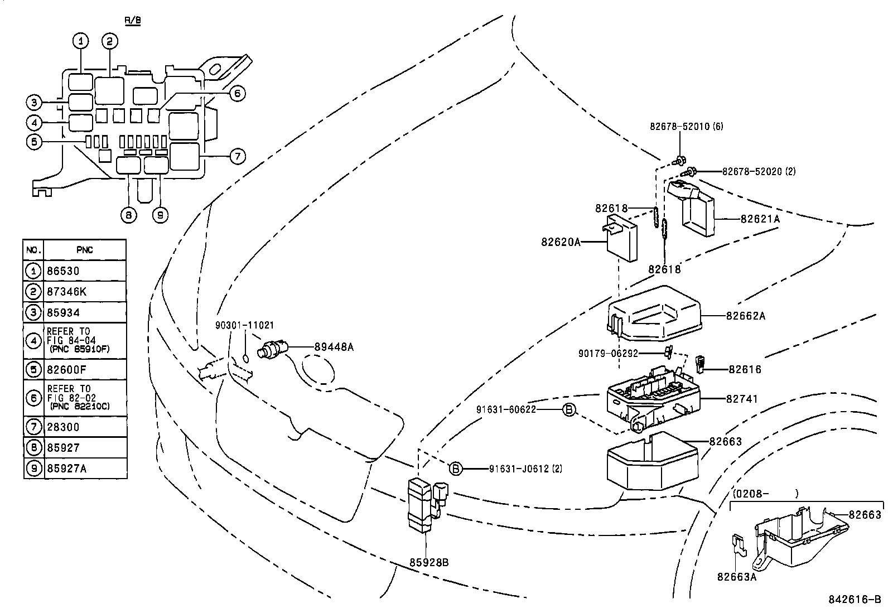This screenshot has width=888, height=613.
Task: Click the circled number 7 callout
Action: (x=237, y=156)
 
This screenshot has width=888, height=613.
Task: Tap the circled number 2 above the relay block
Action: (x=109, y=41)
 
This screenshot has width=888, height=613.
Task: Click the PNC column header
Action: (x=84, y=250)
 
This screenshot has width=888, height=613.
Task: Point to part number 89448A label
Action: (x=334, y=347)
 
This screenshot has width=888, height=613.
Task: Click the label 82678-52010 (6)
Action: (x=686, y=127)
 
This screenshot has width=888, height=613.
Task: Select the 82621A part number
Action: (x=760, y=219)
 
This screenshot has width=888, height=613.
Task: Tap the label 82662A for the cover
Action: (x=745, y=316)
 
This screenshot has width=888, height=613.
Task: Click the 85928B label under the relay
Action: (x=429, y=562)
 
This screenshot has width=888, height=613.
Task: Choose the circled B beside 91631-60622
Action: (x=568, y=409)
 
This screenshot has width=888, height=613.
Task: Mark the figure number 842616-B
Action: (x=853, y=600)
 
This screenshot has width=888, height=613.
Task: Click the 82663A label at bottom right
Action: (x=736, y=577)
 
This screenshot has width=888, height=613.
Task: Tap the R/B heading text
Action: (x=132, y=20)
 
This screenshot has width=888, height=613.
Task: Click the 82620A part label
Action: (x=560, y=242)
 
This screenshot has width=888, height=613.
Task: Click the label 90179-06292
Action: (x=608, y=353)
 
